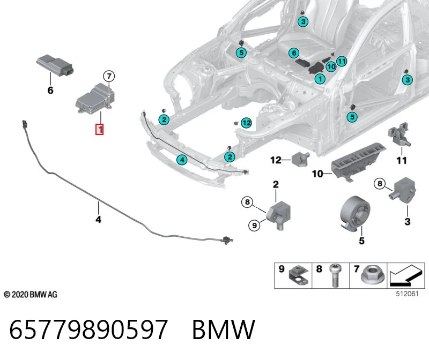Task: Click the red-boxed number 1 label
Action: tap(99, 129)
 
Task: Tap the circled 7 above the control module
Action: tap(109, 76)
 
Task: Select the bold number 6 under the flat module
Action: tap(50, 90)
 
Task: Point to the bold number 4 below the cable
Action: tap(98, 219)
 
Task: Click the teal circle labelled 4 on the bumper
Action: tap(182, 160)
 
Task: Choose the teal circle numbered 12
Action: tap(246, 123)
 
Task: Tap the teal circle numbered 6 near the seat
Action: tap(294, 52)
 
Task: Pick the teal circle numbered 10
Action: tap(331, 66)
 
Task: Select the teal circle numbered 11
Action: tap(342, 61)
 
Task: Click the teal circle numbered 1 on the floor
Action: tap(320, 79)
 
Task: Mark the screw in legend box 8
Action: tap(335, 275)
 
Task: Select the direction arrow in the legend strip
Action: tap(406, 276)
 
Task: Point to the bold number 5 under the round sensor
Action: tap(361, 241)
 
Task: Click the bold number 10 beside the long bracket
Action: tap(317, 174)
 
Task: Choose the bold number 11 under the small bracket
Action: tap(401, 160)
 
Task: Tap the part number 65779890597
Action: tap(88, 329)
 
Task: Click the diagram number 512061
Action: tap(407, 294)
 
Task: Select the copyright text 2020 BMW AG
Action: tap(31, 295)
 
